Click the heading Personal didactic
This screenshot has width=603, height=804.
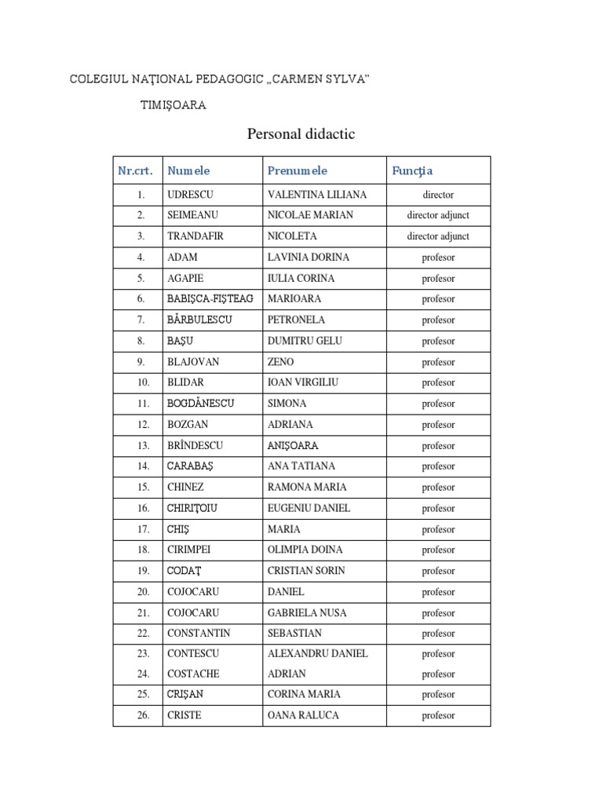coord(301,134)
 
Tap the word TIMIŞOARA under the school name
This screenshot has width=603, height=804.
coord(173,105)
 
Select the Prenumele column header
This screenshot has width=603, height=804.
coord(297,170)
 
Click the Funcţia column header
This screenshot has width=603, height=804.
coord(412,170)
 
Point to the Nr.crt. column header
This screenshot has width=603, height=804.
coord(135,170)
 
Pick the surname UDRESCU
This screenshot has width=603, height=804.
coord(190,195)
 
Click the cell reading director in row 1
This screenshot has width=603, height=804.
coord(438,195)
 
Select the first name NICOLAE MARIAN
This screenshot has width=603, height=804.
coord(310,215)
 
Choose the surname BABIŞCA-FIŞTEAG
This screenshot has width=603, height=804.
coord(210,299)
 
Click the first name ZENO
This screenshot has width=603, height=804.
coord(281,362)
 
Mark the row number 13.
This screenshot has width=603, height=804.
coord(142,446)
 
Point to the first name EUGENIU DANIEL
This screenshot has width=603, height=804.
coord(309,509)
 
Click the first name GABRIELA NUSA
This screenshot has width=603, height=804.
coord(306,612)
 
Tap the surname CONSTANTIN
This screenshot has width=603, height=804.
coord(199,633)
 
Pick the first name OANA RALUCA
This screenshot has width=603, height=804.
coord(303,715)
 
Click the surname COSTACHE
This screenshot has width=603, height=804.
coord(193,674)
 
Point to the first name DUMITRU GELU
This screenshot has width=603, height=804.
coord(305,341)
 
